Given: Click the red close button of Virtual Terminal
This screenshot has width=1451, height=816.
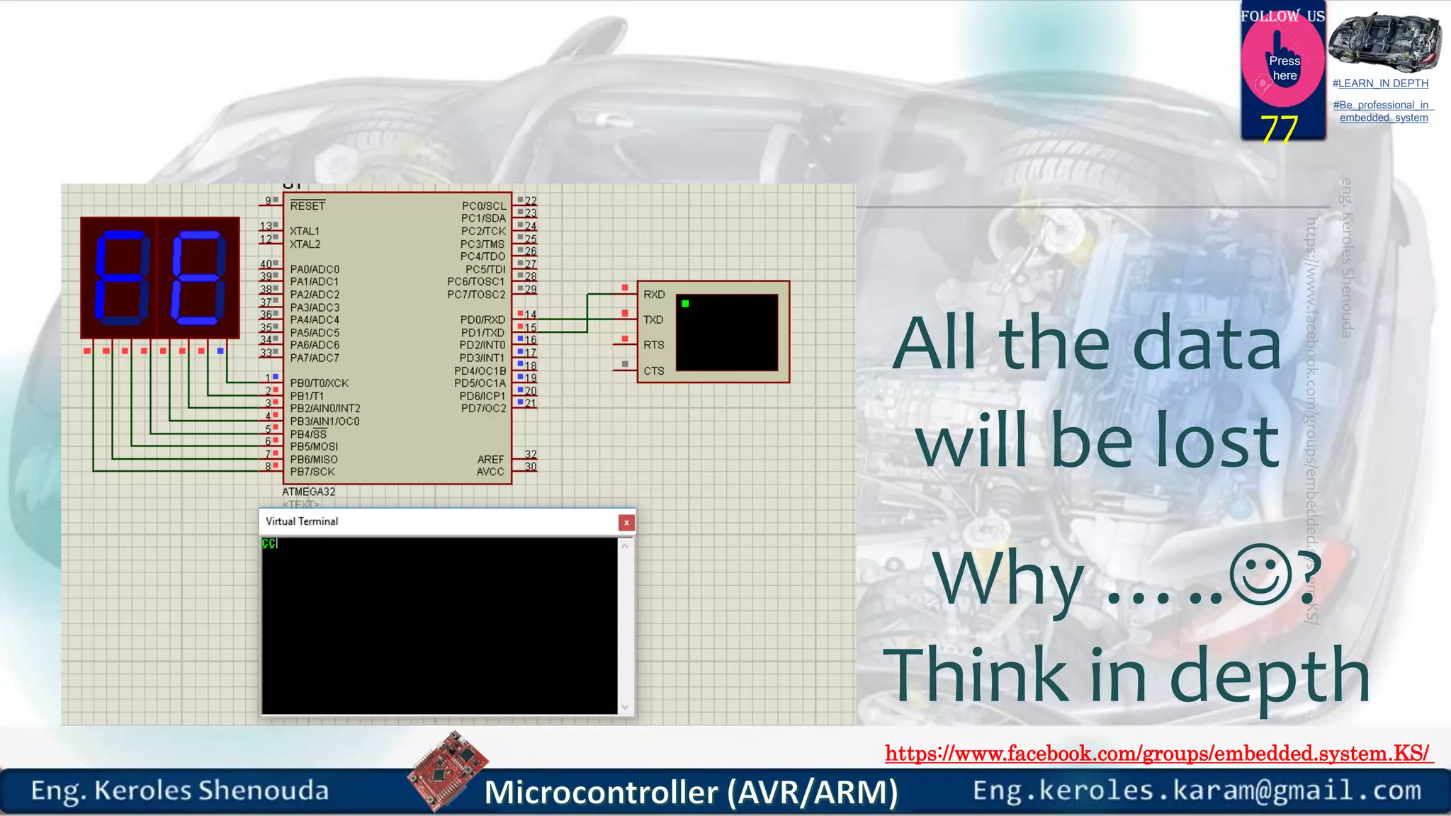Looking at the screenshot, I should [x=626, y=523].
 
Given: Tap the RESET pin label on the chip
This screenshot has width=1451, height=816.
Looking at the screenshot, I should [x=307, y=206].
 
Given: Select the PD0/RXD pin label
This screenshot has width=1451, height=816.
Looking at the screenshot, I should [x=482, y=320].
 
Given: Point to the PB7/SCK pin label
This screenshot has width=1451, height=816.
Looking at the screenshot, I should [x=312, y=472].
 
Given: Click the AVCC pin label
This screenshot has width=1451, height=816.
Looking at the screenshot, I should [x=490, y=472].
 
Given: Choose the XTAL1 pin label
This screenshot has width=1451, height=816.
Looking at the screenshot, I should [x=305, y=232].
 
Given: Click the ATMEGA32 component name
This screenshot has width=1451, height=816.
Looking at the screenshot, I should [x=309, y=492].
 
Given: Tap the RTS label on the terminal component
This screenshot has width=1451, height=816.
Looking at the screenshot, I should [x=654, y=346].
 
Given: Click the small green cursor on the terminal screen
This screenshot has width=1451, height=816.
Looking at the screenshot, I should [x=685, y=304].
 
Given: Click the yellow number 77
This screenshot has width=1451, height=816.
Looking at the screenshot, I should [x=1279, y=130].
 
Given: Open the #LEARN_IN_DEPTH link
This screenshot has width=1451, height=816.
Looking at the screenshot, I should [x=1380, y=84].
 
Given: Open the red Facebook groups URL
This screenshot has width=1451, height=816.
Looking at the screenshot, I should [x=1158, y=753].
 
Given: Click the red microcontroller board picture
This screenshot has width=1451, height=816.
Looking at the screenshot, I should [x=448, y=770].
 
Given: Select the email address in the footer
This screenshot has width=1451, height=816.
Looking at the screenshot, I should [x=1197, y=790].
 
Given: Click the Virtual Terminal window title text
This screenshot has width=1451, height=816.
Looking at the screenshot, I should [x=302, y=521].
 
